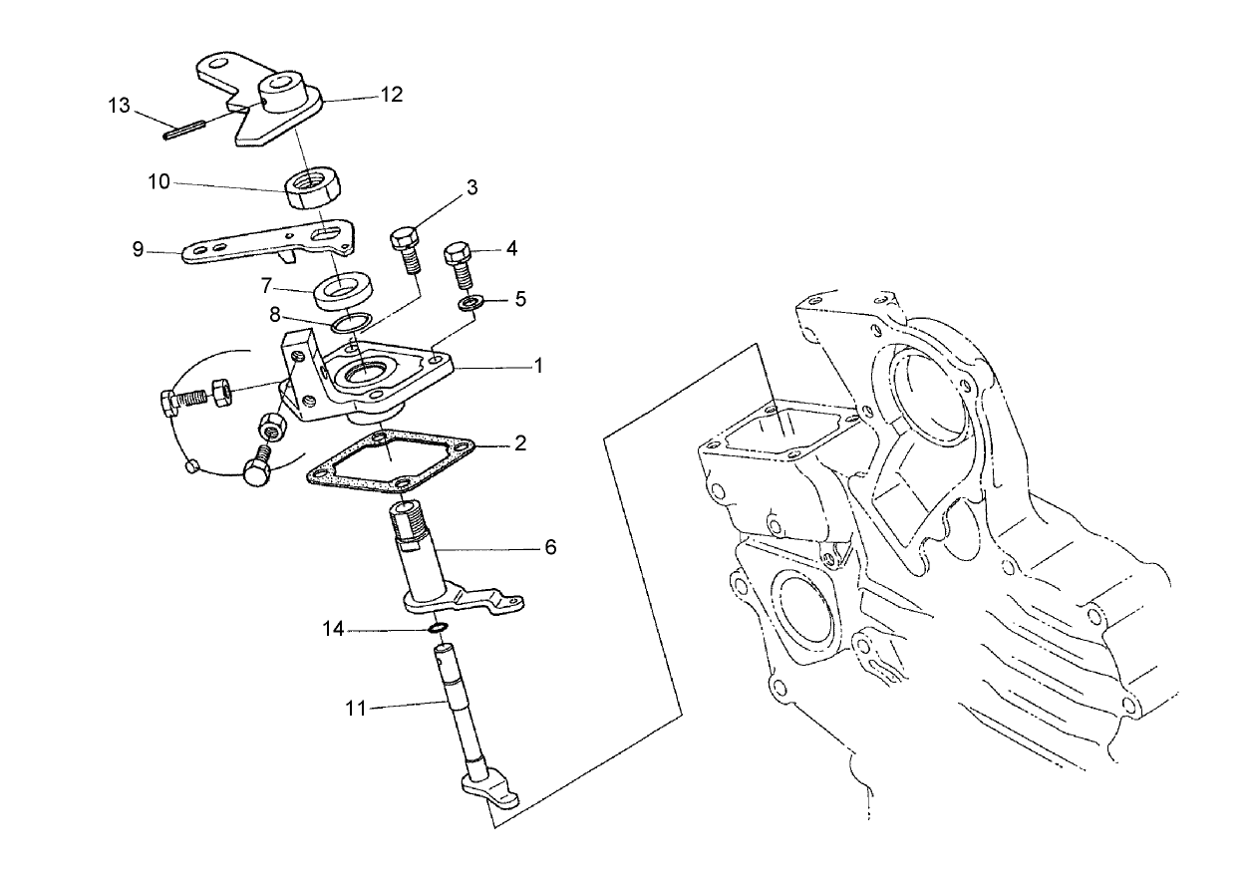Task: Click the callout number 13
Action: [120, 106]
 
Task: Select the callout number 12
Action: [391, 95]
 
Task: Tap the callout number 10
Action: [159, 182]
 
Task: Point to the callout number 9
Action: [139, 249]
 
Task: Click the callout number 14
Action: [333, 629]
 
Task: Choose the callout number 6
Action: [550, 547]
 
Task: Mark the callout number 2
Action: [519, 444]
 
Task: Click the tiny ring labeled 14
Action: [437, 628]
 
